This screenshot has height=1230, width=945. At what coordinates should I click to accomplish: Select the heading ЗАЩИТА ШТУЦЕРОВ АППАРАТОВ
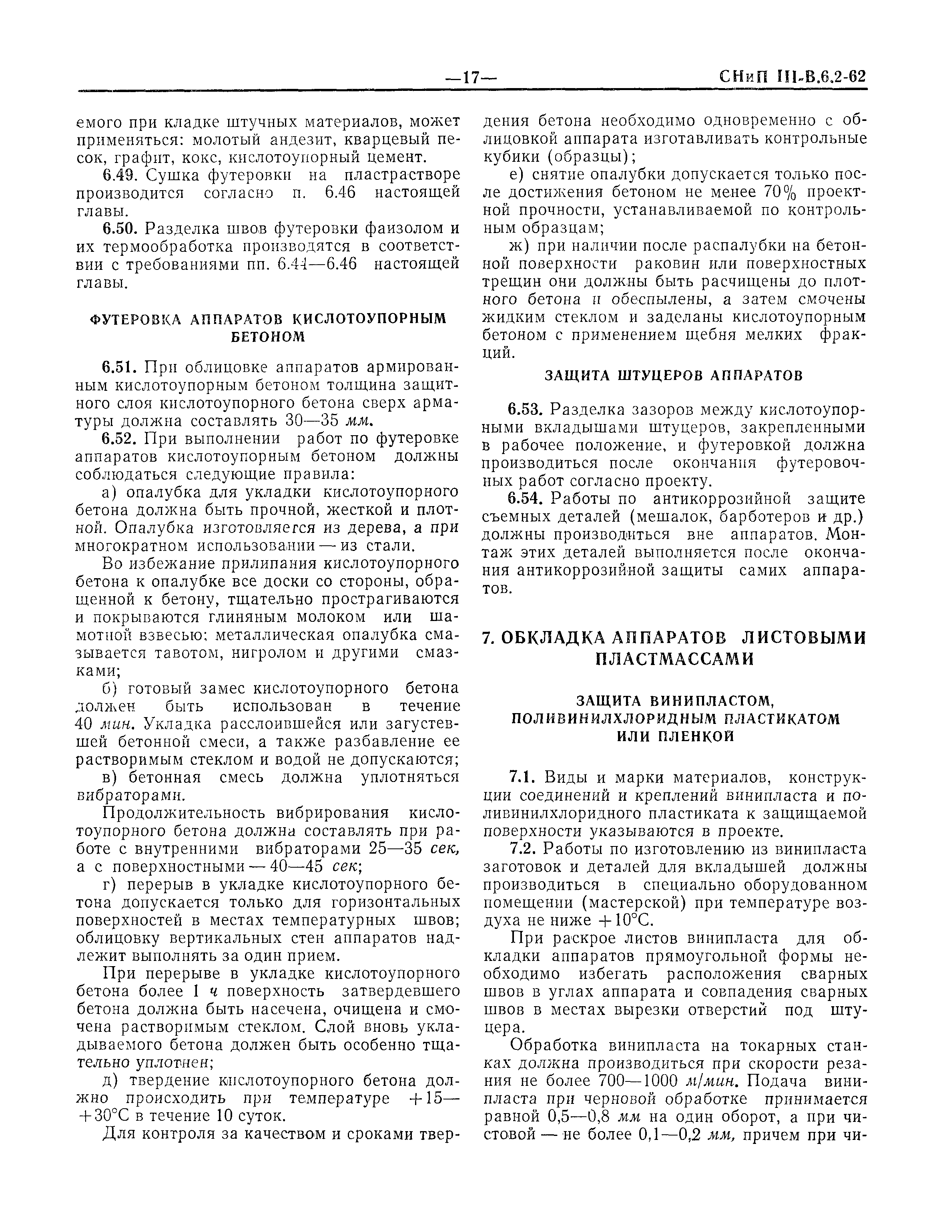[x=674, y=376]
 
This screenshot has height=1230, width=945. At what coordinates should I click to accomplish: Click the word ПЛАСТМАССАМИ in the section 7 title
[x=674, y=659]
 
